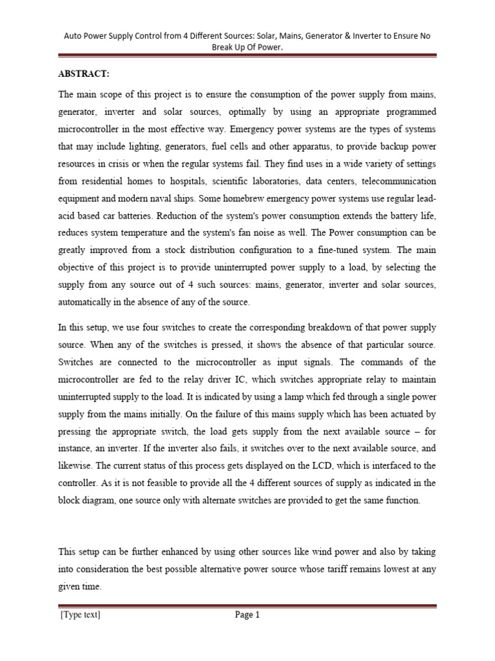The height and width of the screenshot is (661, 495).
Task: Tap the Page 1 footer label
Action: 247,615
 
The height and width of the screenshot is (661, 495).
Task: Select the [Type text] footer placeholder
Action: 81,615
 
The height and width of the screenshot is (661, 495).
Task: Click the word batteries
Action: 131,216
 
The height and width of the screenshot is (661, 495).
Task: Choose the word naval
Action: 165,198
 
